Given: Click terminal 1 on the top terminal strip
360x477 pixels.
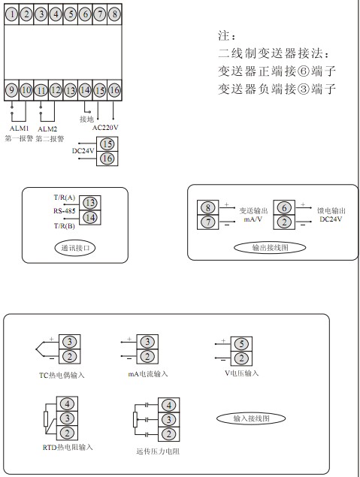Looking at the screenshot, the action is (12, 14).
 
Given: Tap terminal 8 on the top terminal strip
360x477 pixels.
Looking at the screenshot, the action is (114, 14).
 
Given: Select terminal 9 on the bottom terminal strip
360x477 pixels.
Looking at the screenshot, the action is (12, 90).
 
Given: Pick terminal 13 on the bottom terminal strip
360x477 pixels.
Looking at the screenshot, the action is (71, 90).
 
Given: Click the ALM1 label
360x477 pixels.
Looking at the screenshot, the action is (19, 128).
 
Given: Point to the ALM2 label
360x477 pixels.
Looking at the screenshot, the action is (47, 129).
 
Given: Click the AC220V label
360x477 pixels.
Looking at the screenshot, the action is (105, 128).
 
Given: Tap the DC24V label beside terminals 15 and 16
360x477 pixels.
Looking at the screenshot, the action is (83, 150).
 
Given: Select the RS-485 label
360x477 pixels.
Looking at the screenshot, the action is (64, 211).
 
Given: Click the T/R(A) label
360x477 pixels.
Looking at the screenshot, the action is (64, 198).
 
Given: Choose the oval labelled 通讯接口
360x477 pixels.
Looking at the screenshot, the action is (75, 248).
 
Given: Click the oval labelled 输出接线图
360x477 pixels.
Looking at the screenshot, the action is (270, 248).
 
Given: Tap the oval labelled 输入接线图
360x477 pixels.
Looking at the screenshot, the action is (251, 418).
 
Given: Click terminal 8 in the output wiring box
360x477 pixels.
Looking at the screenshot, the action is (208, 207).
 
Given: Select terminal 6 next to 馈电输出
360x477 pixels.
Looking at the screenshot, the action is (284, 208).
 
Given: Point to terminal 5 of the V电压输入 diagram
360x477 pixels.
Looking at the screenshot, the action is (241, 344).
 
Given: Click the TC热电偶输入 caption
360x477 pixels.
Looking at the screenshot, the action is (62, 376).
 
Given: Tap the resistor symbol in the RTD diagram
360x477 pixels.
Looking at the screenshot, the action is (46, 418).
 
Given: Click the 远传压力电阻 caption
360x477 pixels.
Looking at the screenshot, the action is (158, 451).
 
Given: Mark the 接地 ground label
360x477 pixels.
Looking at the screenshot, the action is (86, 119).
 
